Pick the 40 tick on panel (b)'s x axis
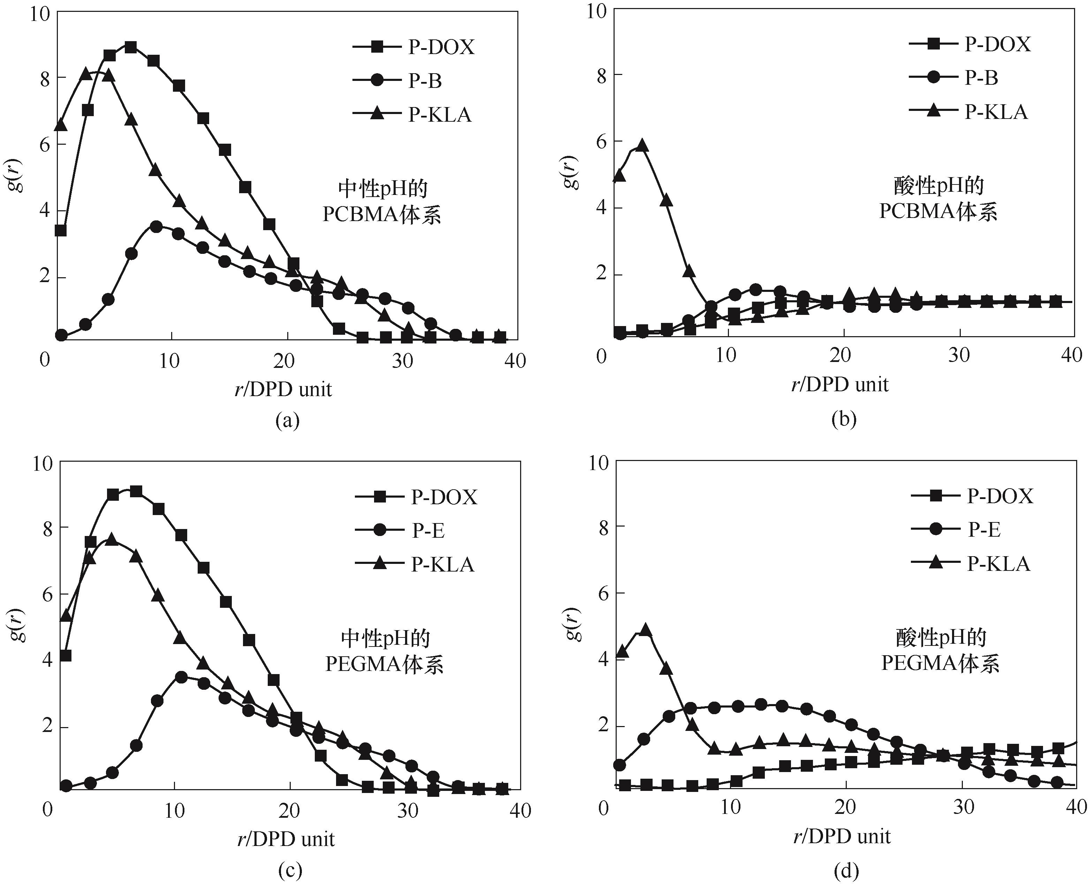1071,355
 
